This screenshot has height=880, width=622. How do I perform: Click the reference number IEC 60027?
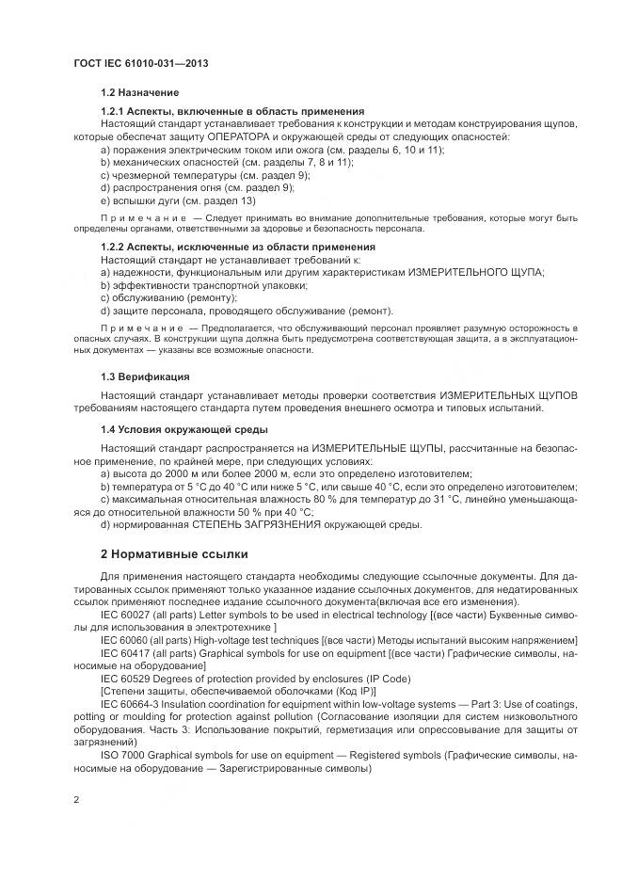127,615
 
